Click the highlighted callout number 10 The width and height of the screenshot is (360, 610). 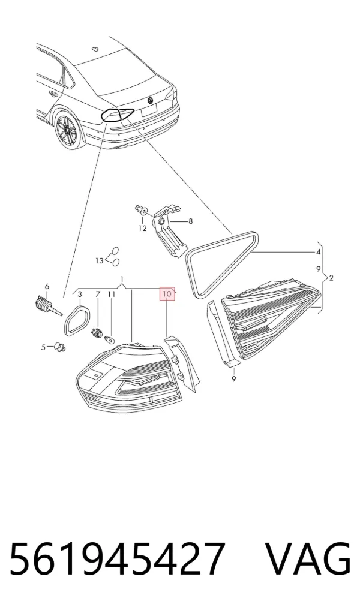point(167,294)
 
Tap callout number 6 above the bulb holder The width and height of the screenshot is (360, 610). point(47,287)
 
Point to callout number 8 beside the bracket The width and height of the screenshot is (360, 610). point(190,221)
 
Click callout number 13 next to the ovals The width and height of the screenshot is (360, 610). point(100,260)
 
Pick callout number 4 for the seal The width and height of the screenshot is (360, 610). point(319,252)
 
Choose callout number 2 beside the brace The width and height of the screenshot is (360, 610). point(331,278)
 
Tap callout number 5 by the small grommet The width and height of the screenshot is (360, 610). point(44,347)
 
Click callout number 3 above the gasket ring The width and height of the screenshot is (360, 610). point(80,294)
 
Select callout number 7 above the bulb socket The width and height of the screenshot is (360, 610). point(98,294)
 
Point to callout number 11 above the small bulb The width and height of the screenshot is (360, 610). point(112,294)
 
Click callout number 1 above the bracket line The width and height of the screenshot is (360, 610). point(122,279)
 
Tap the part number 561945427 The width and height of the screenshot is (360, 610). point(117,558)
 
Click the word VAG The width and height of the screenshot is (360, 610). point(308,558)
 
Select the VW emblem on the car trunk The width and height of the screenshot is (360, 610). point(150,100)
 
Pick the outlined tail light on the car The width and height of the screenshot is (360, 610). point(117,115)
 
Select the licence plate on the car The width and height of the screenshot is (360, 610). point(148,110)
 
